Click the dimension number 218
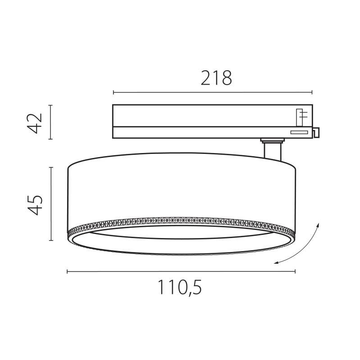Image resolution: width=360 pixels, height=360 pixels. pyautogui.click(x=216, y=78)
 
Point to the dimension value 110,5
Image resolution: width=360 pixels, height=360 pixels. pyautogui.click(x=180, y=288)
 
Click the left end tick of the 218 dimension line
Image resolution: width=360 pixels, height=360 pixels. pyautogui.click(x=113, y=93)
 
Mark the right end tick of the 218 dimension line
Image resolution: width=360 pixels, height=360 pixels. pyautogui.click(x=312, y=93)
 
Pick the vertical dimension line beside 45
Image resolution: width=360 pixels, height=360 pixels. pyautogui.click(x=51, y=204)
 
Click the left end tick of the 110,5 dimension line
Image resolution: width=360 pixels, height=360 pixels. pyautogui.click(x=67, y=271)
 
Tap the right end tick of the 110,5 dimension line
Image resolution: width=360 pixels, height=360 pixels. pyautogui.click(x=295, y=271)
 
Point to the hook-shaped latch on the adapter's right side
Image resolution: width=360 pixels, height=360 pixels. pyautogui.click(x=316, y=132)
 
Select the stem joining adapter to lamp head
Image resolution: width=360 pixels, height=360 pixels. pyautogui.click(x=273, y=151)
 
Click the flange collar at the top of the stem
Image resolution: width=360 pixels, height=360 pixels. pyautogui.click(x=272, y=141)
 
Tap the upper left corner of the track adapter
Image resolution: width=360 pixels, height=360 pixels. pyautogui.click(x=114, y=105)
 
